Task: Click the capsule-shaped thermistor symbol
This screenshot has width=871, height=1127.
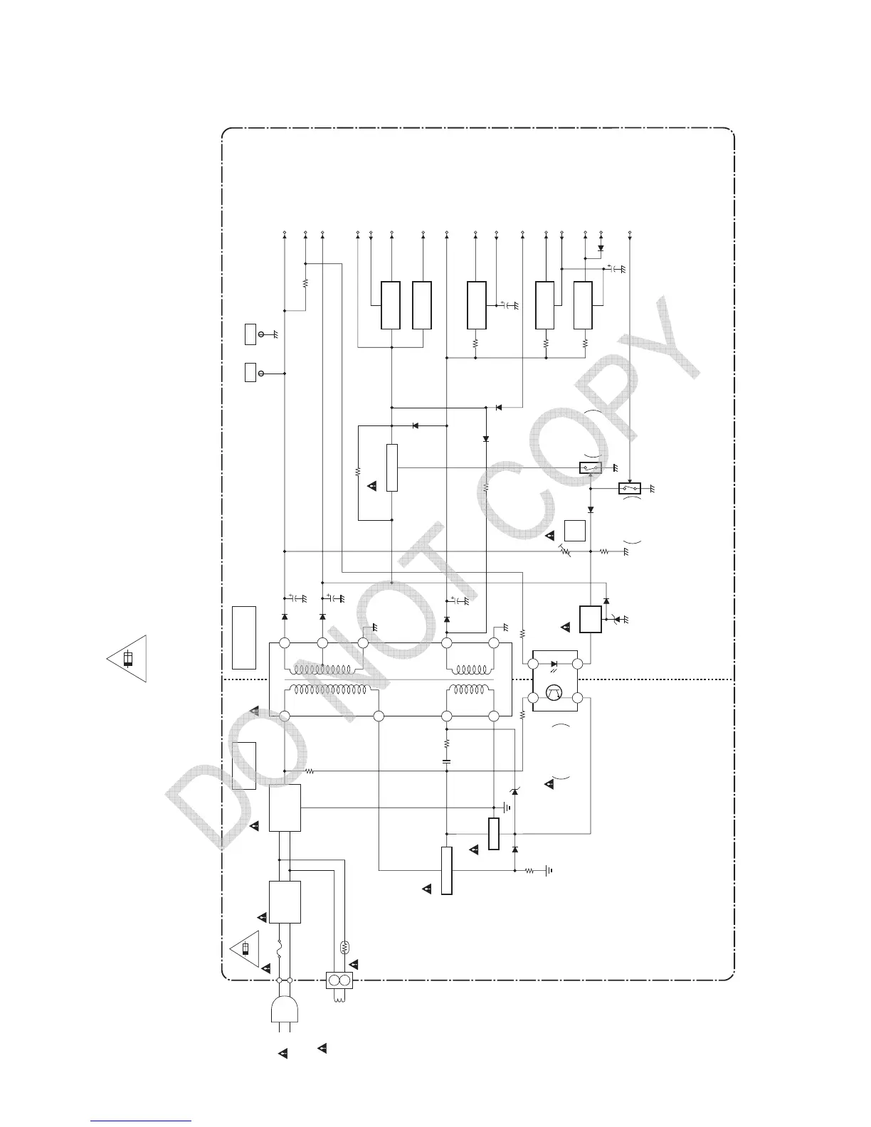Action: pyautogui.click(x=345, y=947)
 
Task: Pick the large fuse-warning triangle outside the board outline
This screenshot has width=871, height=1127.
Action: pyautogui.click(x=129, y=658)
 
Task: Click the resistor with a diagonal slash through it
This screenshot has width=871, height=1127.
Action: pyautogui.click(x=565, y=551)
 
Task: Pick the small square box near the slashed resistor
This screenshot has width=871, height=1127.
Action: pyautogui.click(x=574, y=531)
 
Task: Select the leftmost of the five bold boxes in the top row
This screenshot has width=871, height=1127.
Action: pyautogui.click(x=390, y=305)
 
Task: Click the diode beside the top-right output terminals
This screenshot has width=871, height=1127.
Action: pyautogui.click(x=601, y=249)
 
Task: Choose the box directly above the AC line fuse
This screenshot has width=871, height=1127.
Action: pyautogui.click(x=285, y=901)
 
